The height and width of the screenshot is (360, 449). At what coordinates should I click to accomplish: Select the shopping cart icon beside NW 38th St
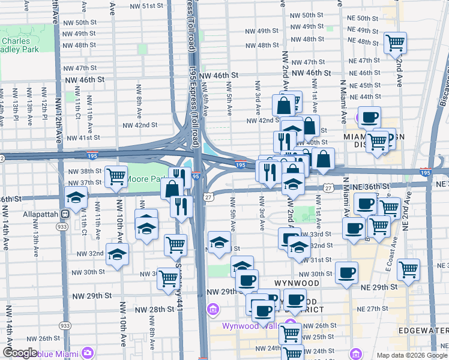click(x=115, y=176)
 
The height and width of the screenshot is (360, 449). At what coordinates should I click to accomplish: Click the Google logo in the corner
click(x=20, y=353)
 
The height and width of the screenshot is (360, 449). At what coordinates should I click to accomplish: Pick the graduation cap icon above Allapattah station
click(x=76, y=197)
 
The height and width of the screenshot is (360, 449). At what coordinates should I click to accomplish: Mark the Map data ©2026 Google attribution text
click(x=411, y=355)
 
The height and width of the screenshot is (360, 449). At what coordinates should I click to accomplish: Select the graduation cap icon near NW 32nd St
click(x=118, y=254)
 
